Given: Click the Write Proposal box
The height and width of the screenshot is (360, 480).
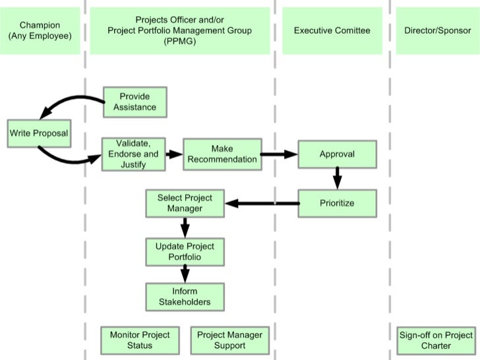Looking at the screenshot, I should pyautogui.click(x=39, y=133).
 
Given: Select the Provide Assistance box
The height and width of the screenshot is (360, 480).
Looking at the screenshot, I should pyautogui.click(x=135, y=102).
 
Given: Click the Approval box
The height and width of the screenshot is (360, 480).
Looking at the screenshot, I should pyautogui.click(x=337, y=154).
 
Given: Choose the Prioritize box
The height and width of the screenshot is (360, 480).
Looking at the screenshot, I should pyautogui.click(x=337, y=203).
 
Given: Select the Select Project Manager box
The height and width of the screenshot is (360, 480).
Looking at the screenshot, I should pyautogui.click(x=184, y=203).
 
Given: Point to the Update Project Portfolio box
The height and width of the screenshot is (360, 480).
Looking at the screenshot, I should pyautogui.click(x=185, y=251).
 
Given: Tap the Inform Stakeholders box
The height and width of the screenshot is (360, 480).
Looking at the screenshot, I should pyautogui.click(x=185, y=297).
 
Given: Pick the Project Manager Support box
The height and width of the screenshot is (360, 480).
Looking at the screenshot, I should pyautogui.click(x=230, y=340).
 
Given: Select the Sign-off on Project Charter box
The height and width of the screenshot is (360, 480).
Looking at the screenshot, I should pyautogui.click(x=436, y=340).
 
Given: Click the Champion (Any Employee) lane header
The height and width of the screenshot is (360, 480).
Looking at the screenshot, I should pyautogui.click(x=40, y=31).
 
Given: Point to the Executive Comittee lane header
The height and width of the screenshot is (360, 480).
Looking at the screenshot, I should pyautogui.click(x=332, y=31).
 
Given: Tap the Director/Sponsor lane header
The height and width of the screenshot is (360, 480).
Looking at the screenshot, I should pyautogui.click(x=436, y=31).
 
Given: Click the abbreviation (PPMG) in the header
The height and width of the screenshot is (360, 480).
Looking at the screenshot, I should pyautogui.click(x=180, y=41).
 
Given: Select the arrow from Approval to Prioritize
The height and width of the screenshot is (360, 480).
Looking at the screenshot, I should pyautogui.click(x=337, y=177).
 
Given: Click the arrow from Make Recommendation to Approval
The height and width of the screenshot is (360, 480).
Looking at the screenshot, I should pyautogui.click(x=278, y=155).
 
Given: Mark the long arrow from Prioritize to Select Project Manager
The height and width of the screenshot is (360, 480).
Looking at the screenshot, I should pyautogui.click(x=262, y=203).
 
